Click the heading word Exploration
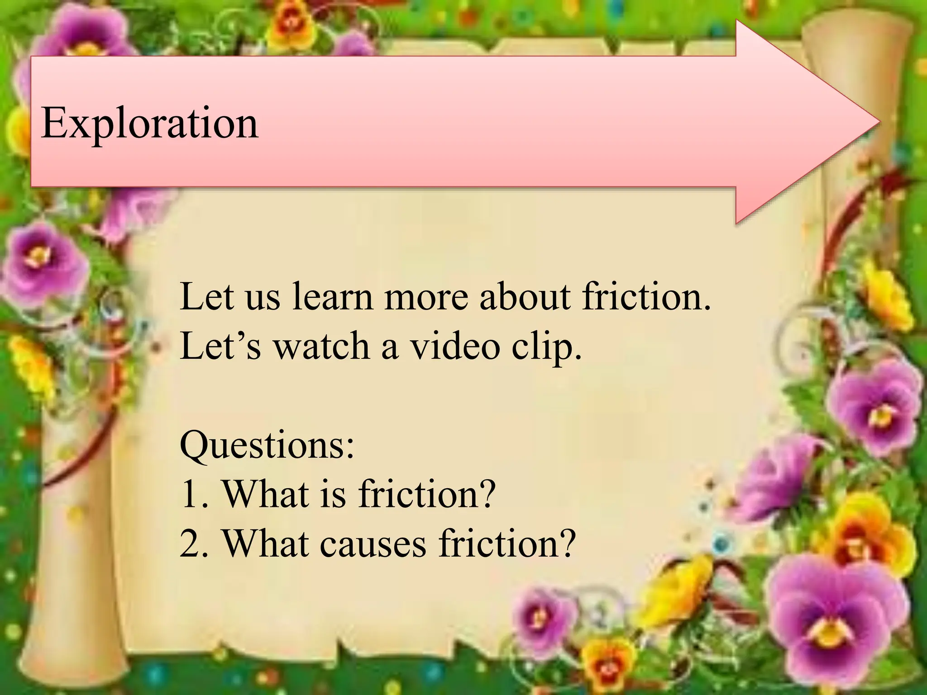(x=149, y=123)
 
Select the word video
(x=454, y=346)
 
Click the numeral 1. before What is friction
(x=194, y=494)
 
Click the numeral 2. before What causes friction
(x=194, y=543)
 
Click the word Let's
(x=220, y=346)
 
